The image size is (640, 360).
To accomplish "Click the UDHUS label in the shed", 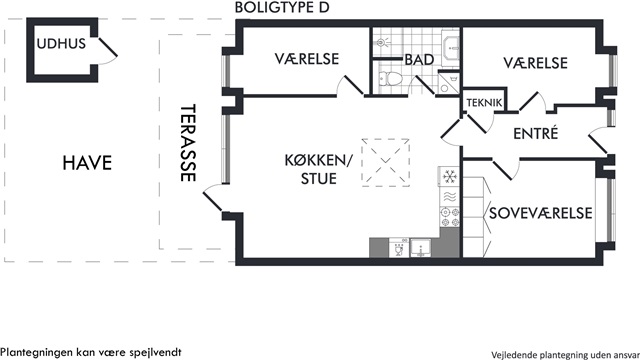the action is pos(61,44).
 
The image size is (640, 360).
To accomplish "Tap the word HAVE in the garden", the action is pos(87,163).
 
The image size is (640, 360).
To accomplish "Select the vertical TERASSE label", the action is pos(188,142).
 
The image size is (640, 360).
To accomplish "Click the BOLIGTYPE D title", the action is pos(282,7).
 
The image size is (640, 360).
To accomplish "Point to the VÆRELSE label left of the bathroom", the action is pos(307,59).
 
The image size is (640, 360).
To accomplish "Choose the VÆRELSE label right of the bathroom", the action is pos(535,63).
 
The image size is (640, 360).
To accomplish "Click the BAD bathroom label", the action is pos(419,60).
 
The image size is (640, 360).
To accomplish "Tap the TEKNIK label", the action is pos(484,103).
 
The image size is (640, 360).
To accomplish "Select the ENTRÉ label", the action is pos(536,133).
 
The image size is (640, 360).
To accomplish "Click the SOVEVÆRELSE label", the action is pos(540,213).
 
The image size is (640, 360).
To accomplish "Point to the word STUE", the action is pos(319,179).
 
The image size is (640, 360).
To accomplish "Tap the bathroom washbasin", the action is pos(451,47).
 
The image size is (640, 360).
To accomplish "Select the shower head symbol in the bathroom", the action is pos(382,42).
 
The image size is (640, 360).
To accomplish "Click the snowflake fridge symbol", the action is pos(449,176).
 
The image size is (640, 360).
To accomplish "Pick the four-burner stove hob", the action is pos(449,217).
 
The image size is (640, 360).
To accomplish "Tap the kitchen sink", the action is pos(420,248).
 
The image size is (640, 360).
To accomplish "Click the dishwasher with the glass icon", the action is pos(398,248).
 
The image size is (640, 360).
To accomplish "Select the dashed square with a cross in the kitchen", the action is pos(386,162).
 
